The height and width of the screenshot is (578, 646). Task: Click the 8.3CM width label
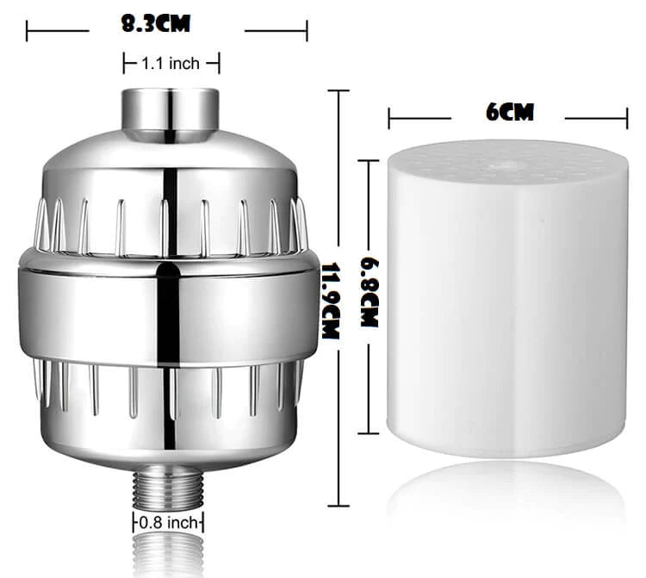tap(156, 23)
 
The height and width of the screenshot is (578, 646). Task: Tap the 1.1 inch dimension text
tap(171, 64)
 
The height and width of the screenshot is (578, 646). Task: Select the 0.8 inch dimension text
tap(169, 523)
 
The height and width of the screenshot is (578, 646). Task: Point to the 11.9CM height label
tap(331, 301)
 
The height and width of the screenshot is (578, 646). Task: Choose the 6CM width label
tap(510, 112)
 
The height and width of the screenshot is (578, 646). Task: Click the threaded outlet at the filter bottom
tap(168, 489)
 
